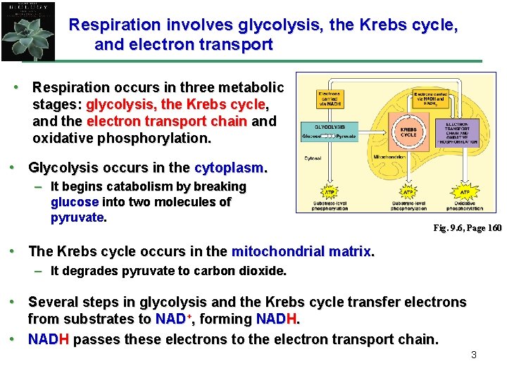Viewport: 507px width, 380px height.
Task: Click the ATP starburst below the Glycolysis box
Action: click(x=330, y=192)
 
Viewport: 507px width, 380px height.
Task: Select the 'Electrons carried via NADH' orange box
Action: click(x=330, y=99)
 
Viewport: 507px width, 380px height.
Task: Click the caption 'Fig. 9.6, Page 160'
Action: click(x=467, y=228)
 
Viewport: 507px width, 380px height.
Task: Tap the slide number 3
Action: click(x=473, y=355)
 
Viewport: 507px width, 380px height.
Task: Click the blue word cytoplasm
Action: click(x=230, y=169)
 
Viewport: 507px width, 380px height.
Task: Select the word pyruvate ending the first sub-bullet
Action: click(x=77, y=217)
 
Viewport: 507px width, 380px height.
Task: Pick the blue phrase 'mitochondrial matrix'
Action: click(x=302, y=251)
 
